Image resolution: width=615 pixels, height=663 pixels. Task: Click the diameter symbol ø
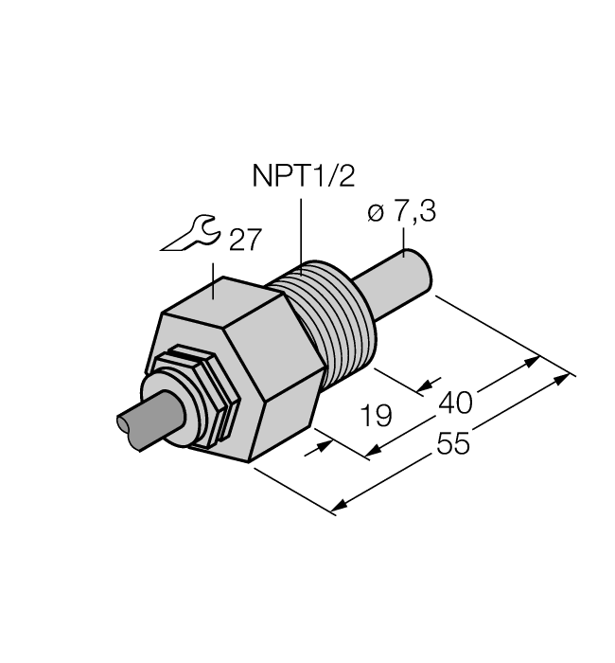click(372, 216)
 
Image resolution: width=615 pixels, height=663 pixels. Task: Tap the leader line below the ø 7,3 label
click(406, 242)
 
